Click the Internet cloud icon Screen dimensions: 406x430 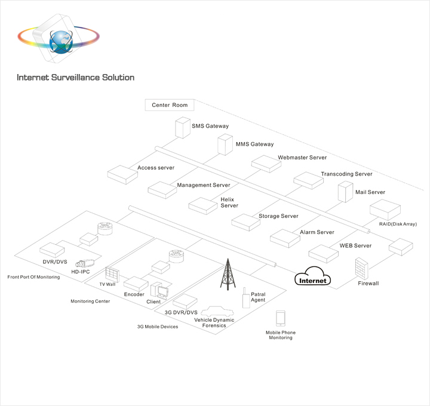[313, 279]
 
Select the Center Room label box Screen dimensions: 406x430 [170, 105]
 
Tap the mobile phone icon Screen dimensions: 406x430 [280, 318]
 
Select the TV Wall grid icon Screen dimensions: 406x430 [112, 275]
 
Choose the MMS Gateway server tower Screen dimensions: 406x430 [225, 144]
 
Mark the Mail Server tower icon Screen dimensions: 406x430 [346, 192]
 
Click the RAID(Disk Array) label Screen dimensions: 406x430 [397, 224]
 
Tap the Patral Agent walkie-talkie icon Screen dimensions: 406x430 [245, 299]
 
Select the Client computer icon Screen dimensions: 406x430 [159, 290]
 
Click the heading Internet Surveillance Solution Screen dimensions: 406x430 [75, 78]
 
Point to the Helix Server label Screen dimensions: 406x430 [229, 202]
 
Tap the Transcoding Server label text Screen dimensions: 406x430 [346, 174]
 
